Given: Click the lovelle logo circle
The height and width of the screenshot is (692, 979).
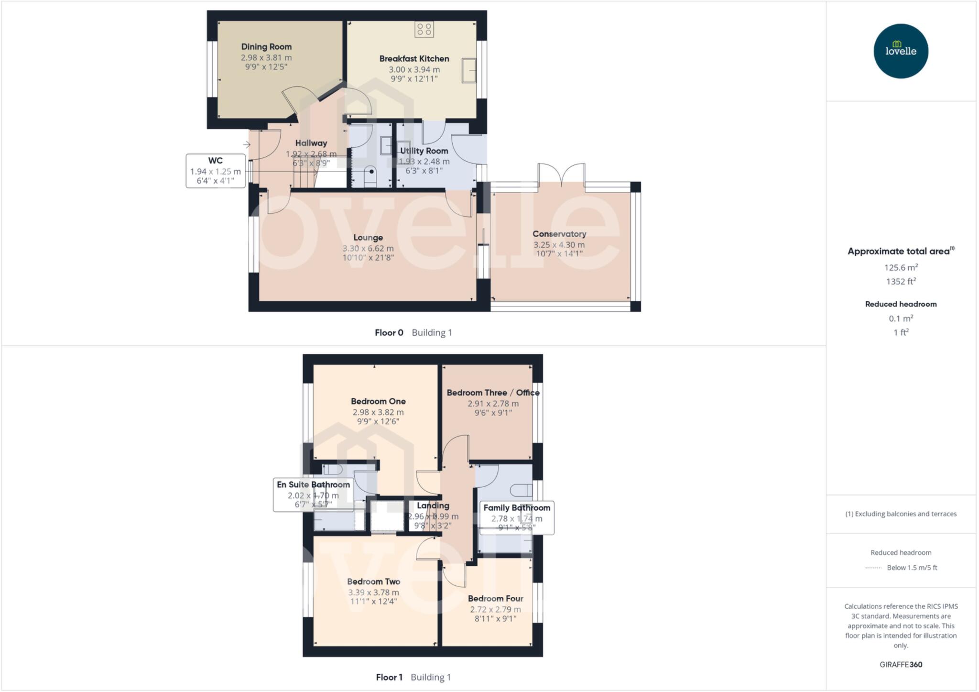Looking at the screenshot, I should point(901,51).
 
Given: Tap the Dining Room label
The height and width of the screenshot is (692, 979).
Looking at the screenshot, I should point(266,47).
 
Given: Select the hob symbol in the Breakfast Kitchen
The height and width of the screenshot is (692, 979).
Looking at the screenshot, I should point(424,29).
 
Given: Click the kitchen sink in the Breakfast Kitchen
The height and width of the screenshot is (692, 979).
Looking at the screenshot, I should point(469,70).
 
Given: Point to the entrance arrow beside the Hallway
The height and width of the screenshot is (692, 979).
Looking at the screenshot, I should point(247,144).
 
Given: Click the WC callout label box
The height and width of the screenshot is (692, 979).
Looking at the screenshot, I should point(215,171).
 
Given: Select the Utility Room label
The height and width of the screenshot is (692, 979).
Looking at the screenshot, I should point(424,151).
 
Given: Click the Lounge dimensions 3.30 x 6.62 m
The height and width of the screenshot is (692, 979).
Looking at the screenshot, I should point(368,249).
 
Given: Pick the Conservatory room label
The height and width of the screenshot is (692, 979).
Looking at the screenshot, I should point(559,234).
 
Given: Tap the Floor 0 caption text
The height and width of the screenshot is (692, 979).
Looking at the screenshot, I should point(389,333).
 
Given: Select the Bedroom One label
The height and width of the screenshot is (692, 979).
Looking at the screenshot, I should point(378,401).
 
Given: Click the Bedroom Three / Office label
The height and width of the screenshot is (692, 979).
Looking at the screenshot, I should point(493,393).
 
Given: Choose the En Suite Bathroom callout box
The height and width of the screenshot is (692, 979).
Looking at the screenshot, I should point(313,494).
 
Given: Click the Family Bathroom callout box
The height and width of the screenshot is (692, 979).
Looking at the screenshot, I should point(517,517).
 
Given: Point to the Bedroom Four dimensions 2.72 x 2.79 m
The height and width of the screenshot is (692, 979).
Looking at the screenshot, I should point(495,609).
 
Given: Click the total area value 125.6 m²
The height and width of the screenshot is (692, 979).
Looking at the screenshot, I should point(901,268).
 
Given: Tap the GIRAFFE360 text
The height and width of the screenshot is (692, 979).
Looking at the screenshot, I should point(901,664).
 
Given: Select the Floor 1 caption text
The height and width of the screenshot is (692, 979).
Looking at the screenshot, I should point(389,677).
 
